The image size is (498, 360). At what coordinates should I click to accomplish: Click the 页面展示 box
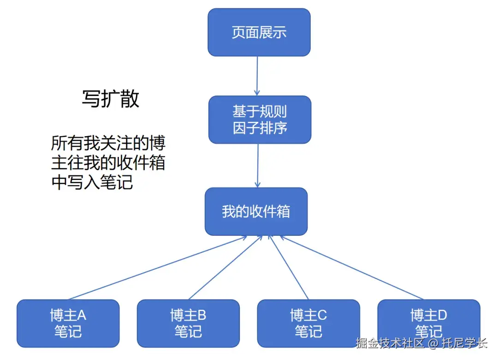point(259,32)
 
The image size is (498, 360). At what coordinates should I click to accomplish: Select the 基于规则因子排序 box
point(260,120)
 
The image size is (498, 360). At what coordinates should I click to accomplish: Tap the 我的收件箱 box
point(256,211)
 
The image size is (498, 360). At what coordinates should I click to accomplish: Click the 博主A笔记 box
point(68,323)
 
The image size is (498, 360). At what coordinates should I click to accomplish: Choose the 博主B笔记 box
point(188,323)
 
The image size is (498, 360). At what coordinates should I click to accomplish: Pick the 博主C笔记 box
point(308,323)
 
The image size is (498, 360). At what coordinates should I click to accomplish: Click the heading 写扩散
point(111,99)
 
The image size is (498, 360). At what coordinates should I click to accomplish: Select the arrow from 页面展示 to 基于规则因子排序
point(257,76)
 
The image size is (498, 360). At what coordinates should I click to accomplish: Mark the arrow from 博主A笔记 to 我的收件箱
point(157,268)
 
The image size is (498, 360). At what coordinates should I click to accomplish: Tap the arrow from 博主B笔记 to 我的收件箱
point(225,268)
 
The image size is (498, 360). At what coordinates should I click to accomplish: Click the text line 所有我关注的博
point(108,143)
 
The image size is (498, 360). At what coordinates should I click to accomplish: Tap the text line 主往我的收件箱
point(108,162)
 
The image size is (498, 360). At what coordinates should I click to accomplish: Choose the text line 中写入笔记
point(92,182)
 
